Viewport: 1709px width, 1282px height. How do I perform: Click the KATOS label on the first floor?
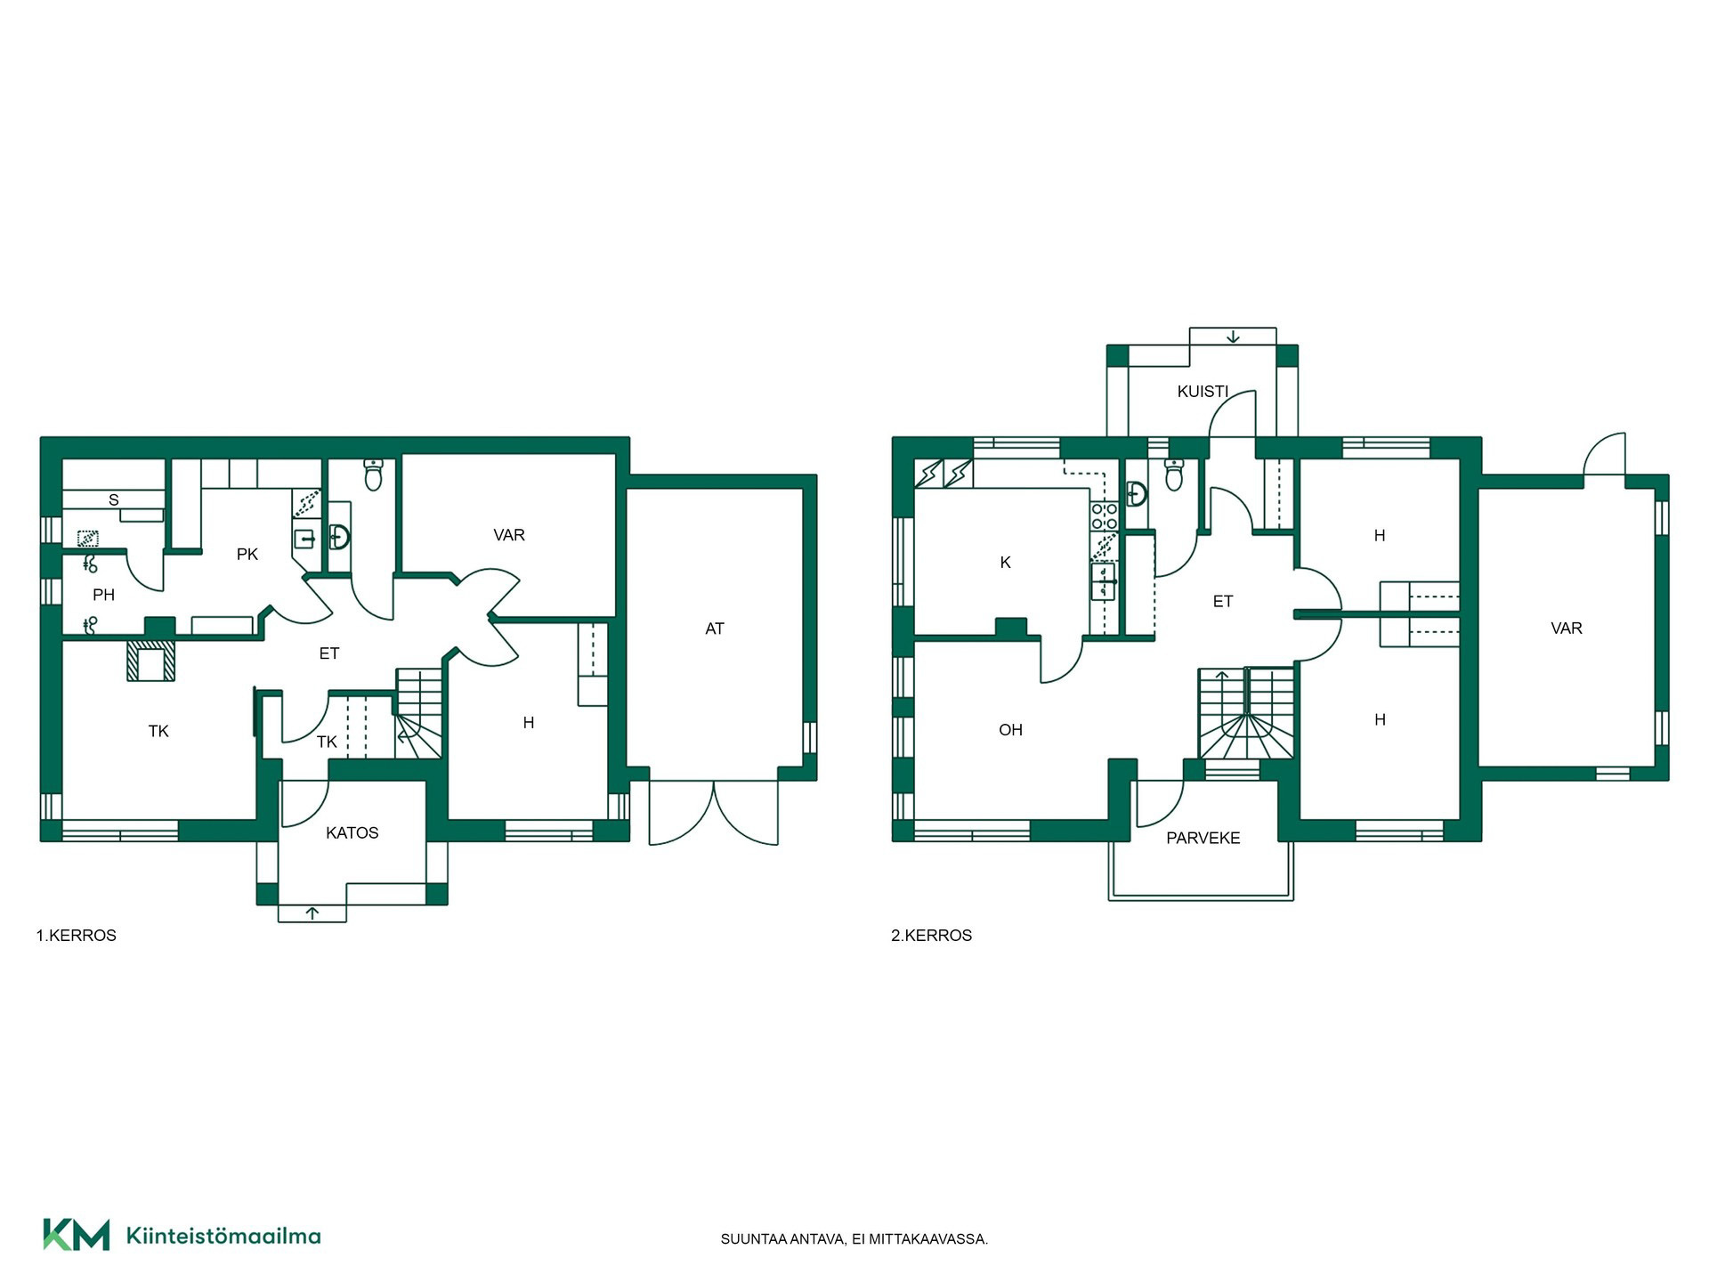click(x=352, y=833)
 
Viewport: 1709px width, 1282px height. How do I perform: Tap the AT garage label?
click(x=715, y=629)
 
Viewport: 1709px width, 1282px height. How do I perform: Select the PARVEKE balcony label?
click(x=1203, y=838)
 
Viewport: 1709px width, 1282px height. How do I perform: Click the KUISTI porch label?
click(x=1203, y=392)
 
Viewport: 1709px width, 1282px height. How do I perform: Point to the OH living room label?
click(x=1010, y=730)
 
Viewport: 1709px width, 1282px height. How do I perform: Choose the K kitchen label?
click(x=1006, y=563)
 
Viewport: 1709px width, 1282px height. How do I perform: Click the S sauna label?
click(x=114, y=500)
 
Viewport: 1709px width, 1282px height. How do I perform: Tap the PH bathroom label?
click(x=104, y=595)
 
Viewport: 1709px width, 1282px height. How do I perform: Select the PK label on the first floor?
click(x=247, y=555)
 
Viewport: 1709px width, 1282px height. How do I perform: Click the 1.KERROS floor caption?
click(x=77, y=936)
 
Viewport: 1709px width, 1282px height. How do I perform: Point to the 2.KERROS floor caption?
click(x=932, y=936)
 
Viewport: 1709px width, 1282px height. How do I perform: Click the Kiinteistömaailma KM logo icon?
click(x=77, y=1235)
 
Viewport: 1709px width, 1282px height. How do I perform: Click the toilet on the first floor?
click(x=374, y=475)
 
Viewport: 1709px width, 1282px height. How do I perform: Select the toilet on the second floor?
click(x=1174, y=475)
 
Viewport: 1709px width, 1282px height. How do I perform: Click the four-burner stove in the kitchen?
click(x=1105, y=516)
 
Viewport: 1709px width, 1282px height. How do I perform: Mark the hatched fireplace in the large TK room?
click(x=151, y=661)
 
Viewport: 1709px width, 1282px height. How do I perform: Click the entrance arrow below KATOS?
click(x=312, y=913)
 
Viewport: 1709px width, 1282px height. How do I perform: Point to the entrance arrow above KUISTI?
click(x=1233, y=337)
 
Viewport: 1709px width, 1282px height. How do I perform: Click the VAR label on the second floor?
click(x=1567, y=629)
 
